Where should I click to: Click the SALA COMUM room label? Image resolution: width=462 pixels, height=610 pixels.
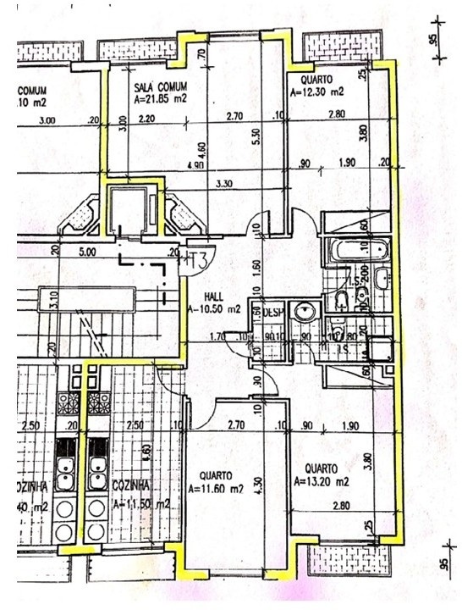click(160, 87)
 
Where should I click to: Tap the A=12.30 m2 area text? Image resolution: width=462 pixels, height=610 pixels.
click(317, 91)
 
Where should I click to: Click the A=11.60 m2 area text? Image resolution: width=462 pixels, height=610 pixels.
click(216, 489)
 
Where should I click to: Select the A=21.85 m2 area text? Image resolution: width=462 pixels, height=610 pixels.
click(161, 99)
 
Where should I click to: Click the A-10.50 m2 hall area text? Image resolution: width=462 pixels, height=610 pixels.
click(215, 309)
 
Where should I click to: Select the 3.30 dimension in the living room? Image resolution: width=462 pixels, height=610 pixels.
click(224, 183)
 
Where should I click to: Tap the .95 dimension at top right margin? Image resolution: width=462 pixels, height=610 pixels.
click(432, 40)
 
